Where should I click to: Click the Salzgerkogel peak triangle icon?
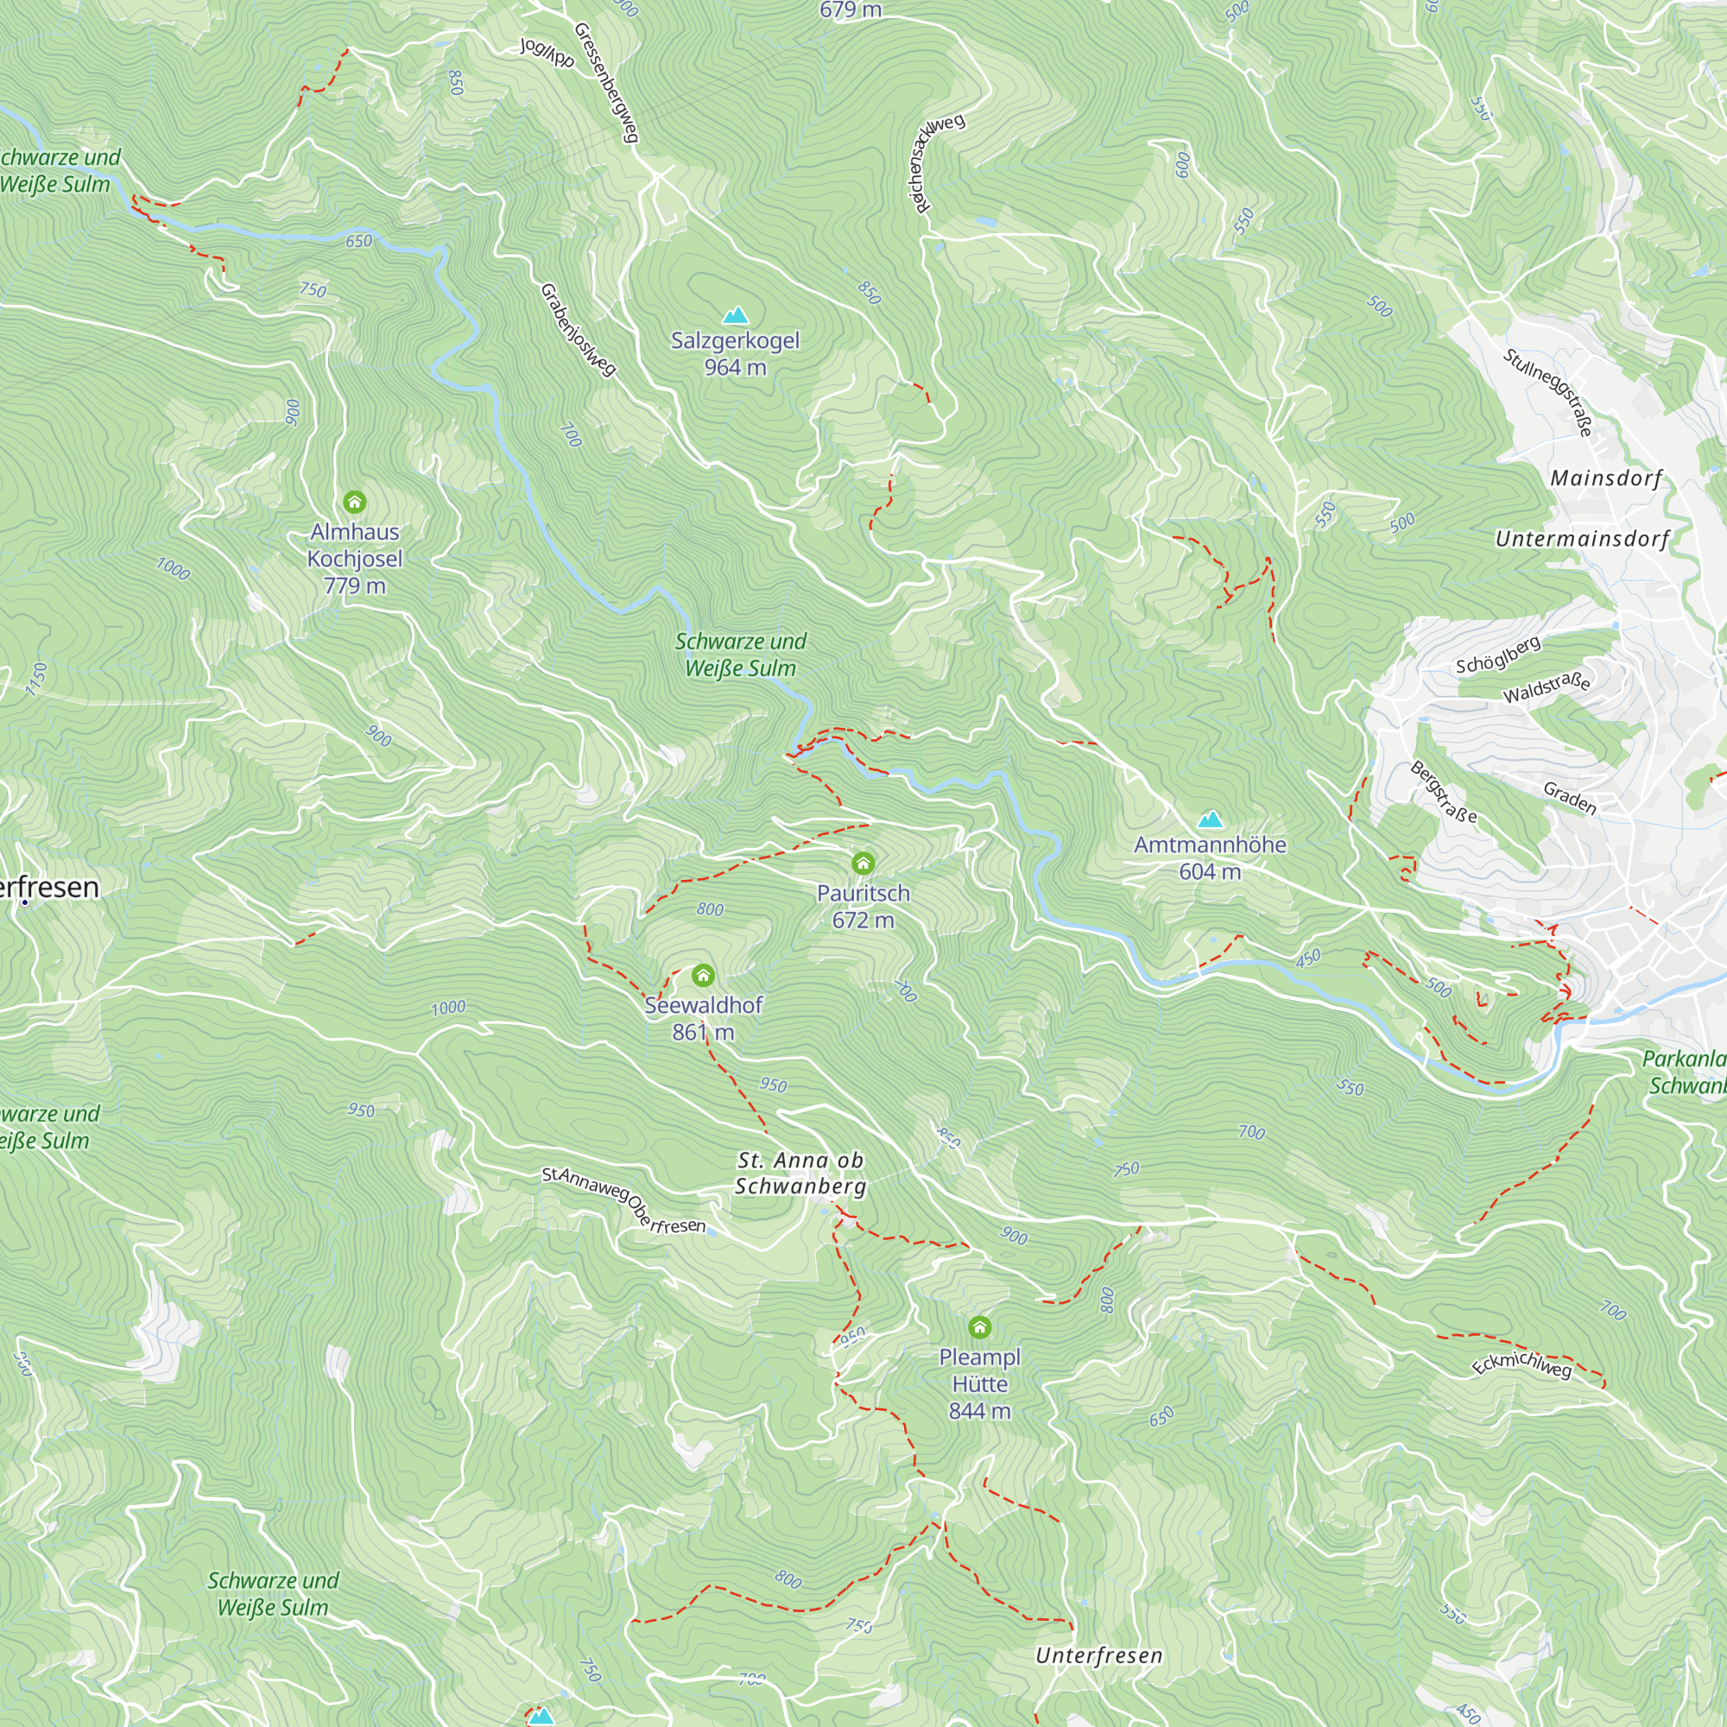pos(735,315)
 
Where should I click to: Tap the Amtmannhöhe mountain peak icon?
pos(1211,819)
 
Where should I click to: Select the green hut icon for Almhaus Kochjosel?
pos(355,502)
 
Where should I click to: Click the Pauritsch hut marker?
pos(863,863)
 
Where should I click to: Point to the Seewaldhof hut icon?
pos(704,974)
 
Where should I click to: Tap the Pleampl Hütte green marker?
pos(980,1326)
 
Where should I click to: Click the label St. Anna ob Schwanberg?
pos(801,1173)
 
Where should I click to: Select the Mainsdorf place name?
pos(1606,478)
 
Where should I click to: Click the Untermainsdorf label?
pos(1582,539)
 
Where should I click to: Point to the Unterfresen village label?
pos(1098,1655)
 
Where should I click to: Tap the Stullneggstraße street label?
pos(1548,392)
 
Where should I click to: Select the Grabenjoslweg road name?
pos(579,330)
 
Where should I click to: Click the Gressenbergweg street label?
pos(607,82)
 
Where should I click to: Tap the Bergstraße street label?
pos(1444,792)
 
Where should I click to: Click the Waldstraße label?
pos(1547,687)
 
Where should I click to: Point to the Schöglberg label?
pos(1498,655)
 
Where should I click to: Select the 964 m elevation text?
pos(735,367)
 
